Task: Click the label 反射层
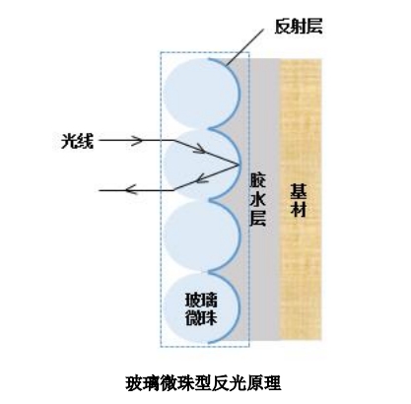click(x=299, y=26)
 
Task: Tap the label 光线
click(x=78, y=141)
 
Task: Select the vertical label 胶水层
click(x=257, y=199)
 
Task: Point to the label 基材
click(x=298, y=200)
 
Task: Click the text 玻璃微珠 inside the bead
click(x=202, y=308)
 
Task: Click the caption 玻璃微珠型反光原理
click(x=203, y=383)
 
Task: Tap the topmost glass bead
click(x=201, y=93)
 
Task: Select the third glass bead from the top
click(x=202, y=236)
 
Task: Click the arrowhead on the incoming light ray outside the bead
click(x=137, y=141)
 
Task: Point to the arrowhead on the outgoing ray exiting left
click(x=131, y=189)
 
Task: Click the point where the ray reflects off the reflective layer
click(x=239, y=165)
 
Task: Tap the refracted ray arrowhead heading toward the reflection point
click(x=200, y=150)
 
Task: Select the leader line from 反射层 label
click(x=244, y=46)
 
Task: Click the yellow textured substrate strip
click(x=300, y=199)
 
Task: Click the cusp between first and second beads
click(x=210, y=127)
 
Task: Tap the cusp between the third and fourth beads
click(x=209, y=272)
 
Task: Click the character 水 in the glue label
click(x=257, y=199)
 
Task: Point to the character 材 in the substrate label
click(x=298, y=209)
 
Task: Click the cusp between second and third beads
click(x=210, y=199)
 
